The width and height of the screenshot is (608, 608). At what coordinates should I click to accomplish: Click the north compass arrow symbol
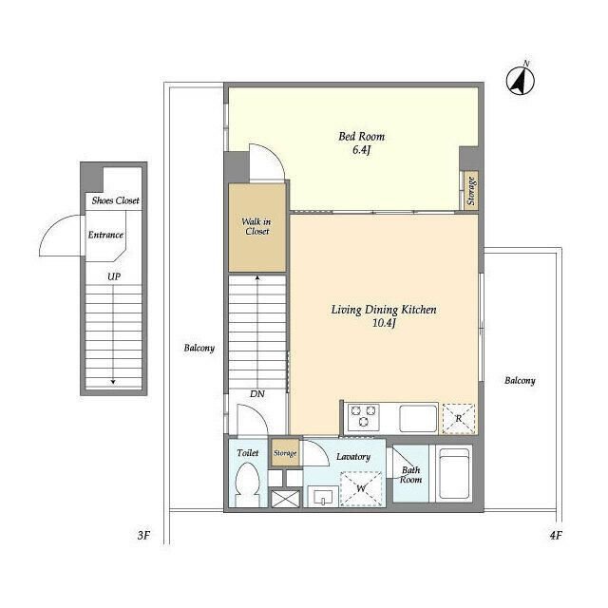tap(521, 80)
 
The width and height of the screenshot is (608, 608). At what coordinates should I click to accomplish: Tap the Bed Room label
tap(361, 137)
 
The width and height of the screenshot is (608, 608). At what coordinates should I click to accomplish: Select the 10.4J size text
tap(384, 323)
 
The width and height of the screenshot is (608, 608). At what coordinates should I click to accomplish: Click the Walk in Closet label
tap(256, 226)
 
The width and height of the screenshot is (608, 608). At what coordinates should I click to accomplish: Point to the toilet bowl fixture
tap(247, 484)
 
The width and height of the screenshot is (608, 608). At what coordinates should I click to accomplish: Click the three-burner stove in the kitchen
tap(364, 416)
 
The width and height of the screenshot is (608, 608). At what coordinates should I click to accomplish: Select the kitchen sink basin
tap(418, 418)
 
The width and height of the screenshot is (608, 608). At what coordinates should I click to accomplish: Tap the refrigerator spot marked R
tap(459, 419)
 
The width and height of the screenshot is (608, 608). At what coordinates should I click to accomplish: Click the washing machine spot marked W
tap(361, 488)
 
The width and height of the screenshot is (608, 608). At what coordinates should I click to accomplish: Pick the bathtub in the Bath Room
tap(454, 474)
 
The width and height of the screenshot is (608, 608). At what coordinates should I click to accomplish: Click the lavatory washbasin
tap(323, 497)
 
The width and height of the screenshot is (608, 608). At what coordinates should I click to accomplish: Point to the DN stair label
tap(257, 394)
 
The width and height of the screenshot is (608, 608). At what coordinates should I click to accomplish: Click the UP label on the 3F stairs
tap(114, 276)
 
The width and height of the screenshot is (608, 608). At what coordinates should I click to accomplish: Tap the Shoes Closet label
tap(116, 200)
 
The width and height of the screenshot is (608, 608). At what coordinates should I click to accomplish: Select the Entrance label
tap(105, 235)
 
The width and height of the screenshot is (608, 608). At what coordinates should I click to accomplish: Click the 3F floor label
tap(143, 536)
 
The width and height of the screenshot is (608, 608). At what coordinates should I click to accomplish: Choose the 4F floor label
tap(556, 536)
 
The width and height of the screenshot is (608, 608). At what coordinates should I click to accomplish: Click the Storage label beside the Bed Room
tap(471, 191)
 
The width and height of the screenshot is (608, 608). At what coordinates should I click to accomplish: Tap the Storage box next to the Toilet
tap(285, 452)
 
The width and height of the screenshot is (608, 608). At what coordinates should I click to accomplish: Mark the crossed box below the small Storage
tap(285, 499)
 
